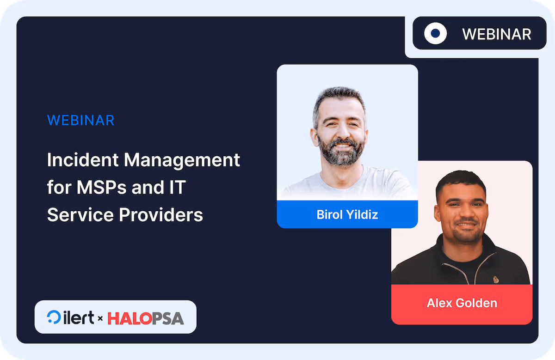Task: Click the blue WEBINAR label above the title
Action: tap(80, 120)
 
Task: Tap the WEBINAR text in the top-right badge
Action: tap(497, 34)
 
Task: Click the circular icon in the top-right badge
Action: tap(435, 33)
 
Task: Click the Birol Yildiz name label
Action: tap(347, 214)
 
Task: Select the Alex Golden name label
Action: tap(462, 303)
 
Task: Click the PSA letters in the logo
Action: tap(167, 318)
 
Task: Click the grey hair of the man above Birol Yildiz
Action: tap(338, 95)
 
